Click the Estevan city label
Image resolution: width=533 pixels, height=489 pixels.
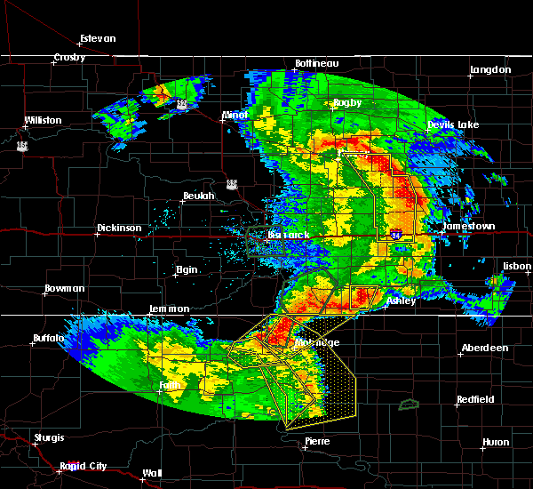click(98, 38)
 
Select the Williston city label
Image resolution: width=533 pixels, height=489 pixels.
click(43, 120)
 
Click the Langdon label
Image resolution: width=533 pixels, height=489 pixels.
click(490, 69)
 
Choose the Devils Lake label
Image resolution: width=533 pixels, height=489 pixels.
click(453, 124)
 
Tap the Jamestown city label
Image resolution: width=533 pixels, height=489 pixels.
click(469, 227)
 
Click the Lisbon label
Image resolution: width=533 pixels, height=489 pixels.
click(515, 266)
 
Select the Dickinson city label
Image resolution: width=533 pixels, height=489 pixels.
click(119, 228)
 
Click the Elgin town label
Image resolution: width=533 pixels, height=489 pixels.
click(187, 269)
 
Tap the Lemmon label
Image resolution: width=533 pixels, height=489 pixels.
click(169, 309)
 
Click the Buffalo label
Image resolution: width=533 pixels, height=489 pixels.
click(48, 338)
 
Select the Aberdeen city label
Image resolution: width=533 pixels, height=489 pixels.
click(484, 348)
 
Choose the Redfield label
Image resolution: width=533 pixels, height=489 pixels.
click(475, 400)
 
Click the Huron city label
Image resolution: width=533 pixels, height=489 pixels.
click(496, 442)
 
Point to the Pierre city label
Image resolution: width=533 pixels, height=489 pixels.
click(317, 441)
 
